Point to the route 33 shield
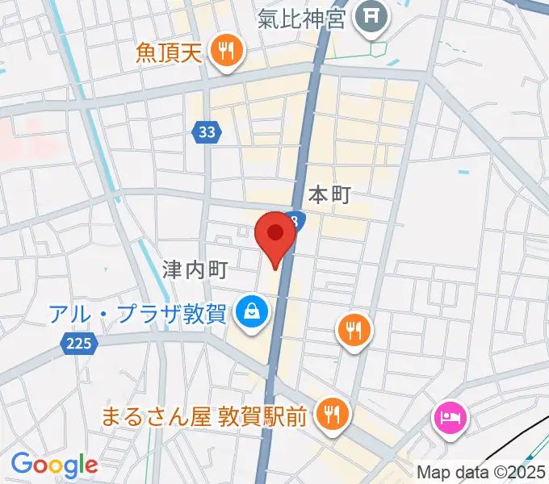tap(207, 132)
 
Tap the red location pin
tap(275, 235)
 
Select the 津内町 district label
tap(195, 269)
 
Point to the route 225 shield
tap(78, 344)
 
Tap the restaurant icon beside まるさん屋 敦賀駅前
tap(330, 415)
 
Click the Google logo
tap(54, 465)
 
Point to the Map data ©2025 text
tap(482, 473)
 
